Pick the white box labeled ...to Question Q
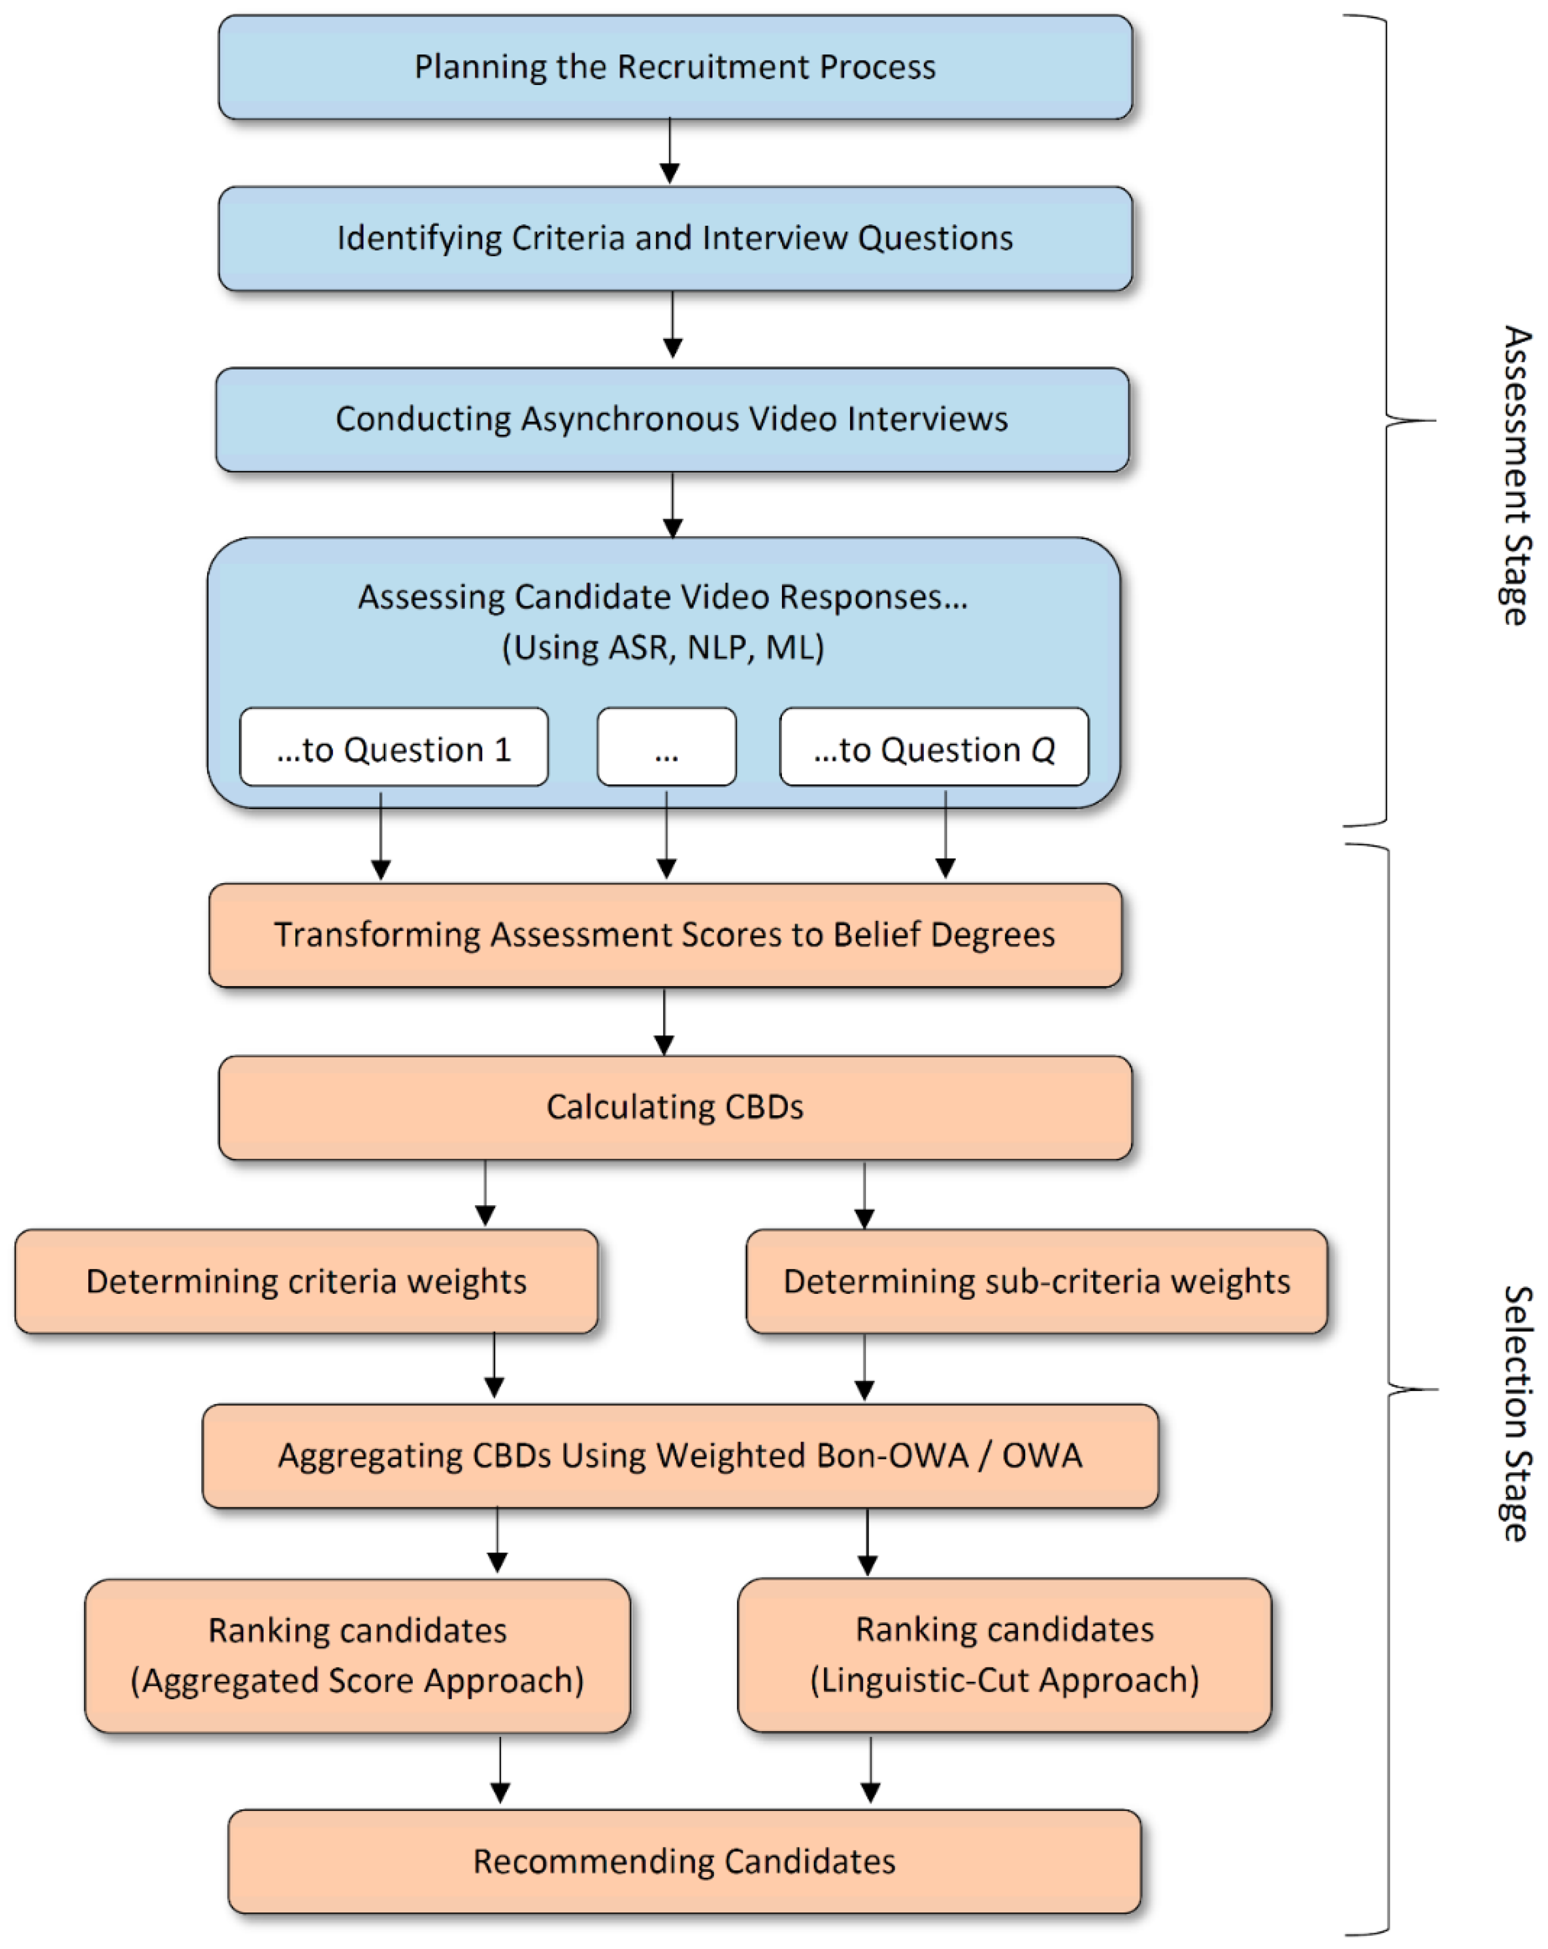coord(933,748)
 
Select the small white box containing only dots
coord(666,748)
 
